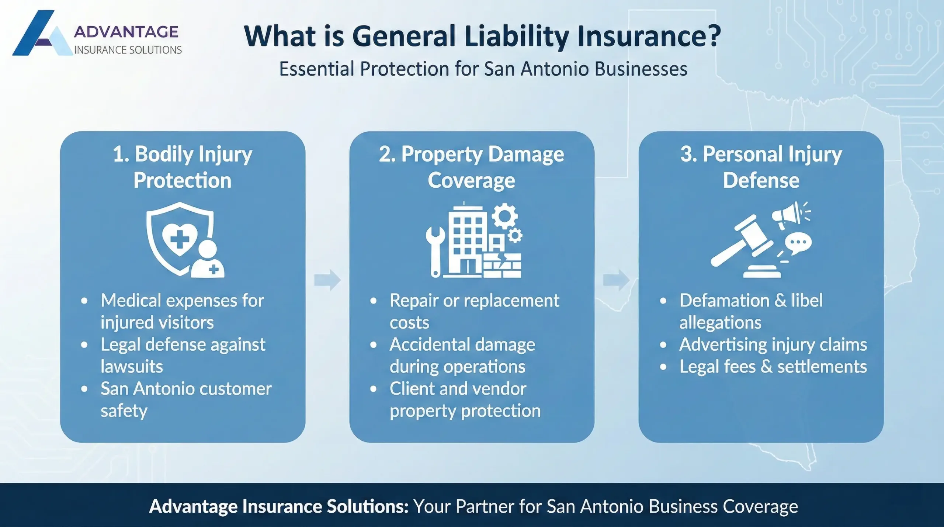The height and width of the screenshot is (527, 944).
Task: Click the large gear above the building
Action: [x=504, y=216]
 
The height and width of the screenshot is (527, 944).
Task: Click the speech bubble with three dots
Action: [x=798, y=243]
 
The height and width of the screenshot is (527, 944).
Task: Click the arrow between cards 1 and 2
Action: [x=327, y=280]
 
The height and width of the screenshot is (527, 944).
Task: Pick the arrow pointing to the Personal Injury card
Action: [x=616, y=280]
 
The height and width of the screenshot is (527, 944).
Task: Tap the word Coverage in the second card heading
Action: [x=471, y=181]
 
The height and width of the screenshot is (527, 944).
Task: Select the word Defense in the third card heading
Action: [x=761, y=181]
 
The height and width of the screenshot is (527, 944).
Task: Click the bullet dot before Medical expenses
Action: [x=84, y=301]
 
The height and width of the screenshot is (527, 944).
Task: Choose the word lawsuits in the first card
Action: [x=132, y=367]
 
